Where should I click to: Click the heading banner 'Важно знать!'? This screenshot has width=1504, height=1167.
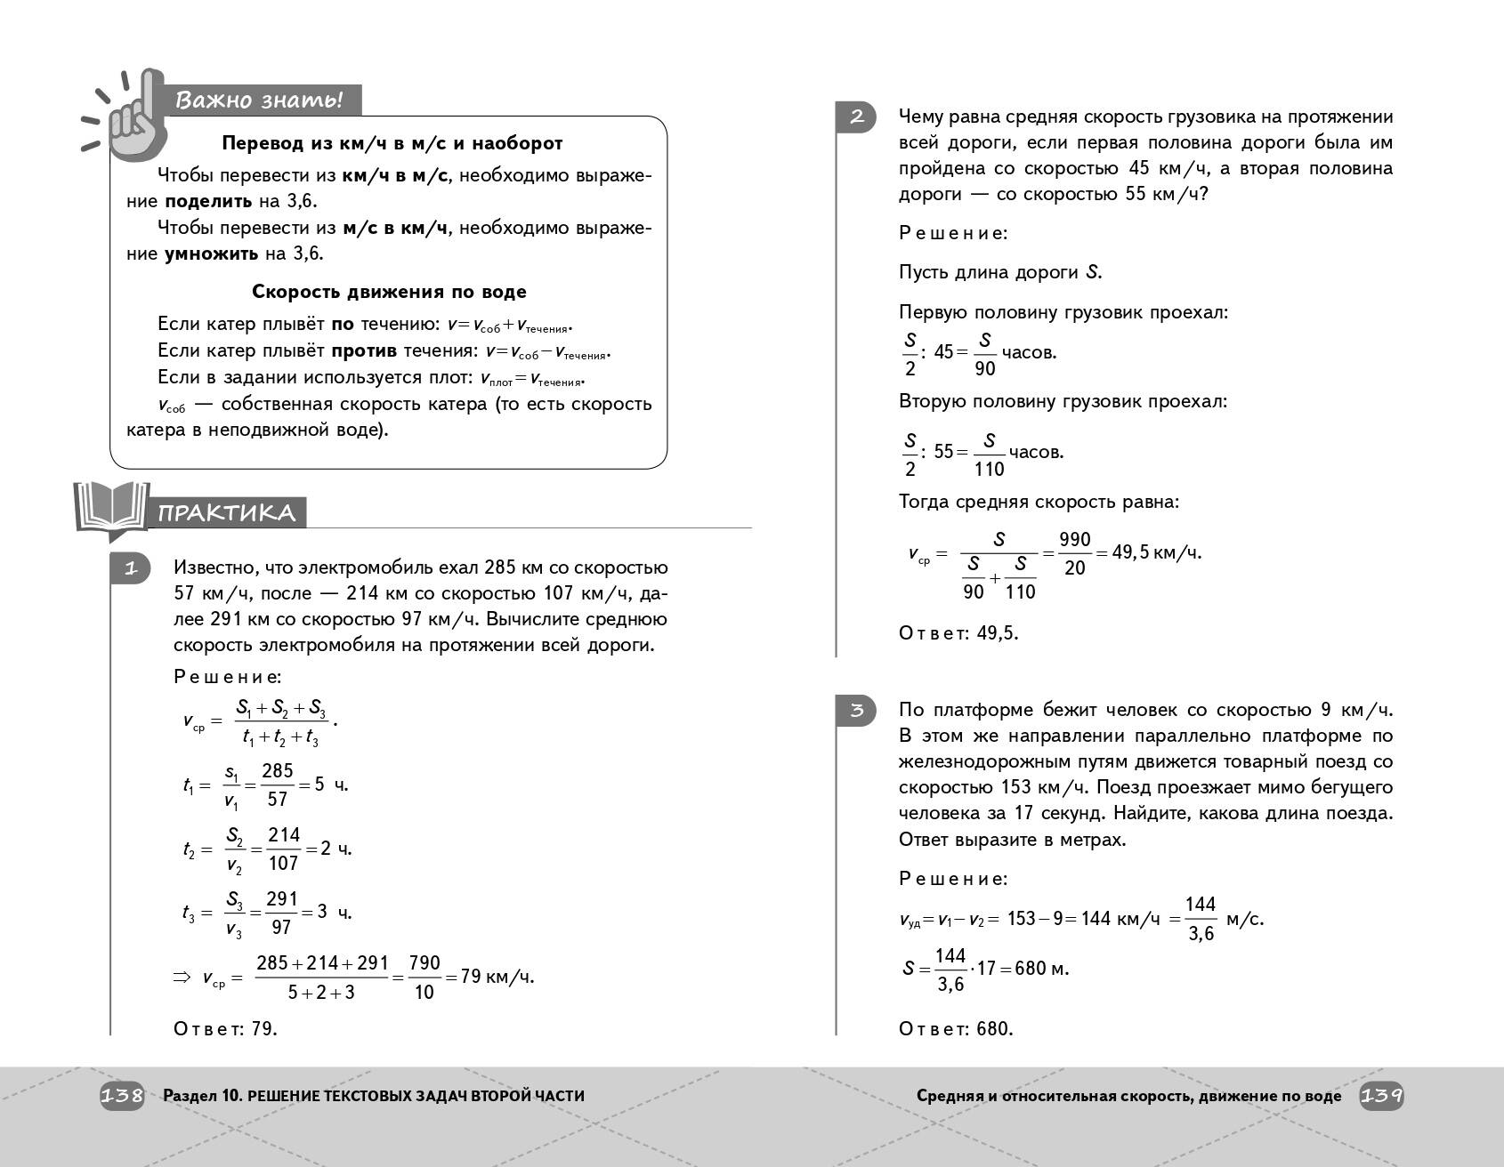point(258,100)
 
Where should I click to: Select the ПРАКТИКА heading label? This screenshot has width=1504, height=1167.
point(227,512)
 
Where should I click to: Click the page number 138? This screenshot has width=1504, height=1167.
point(122,1096)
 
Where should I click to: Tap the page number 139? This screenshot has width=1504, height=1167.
point(1381,1096)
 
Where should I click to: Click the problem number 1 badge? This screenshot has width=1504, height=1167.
point(131,568)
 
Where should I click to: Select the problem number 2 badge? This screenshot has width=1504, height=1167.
point(856,117)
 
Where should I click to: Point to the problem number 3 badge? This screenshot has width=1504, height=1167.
point(856,710)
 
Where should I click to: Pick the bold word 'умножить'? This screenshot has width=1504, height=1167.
point(211,254)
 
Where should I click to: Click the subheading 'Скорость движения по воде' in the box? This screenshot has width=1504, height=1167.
point(389,292)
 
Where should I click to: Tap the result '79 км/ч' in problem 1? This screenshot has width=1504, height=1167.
point(497,977)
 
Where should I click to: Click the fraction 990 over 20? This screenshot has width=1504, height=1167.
point(1074,553)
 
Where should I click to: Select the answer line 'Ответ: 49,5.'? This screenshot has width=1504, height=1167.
point(958,633)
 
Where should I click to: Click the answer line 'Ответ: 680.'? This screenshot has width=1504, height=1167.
point(956,1029)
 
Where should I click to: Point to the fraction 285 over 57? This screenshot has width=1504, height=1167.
point(278,785)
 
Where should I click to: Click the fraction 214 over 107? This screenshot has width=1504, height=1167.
point(283,849)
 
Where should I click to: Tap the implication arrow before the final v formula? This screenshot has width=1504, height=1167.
point(182,978)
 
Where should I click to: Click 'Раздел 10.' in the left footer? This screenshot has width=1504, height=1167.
point(202,1096)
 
